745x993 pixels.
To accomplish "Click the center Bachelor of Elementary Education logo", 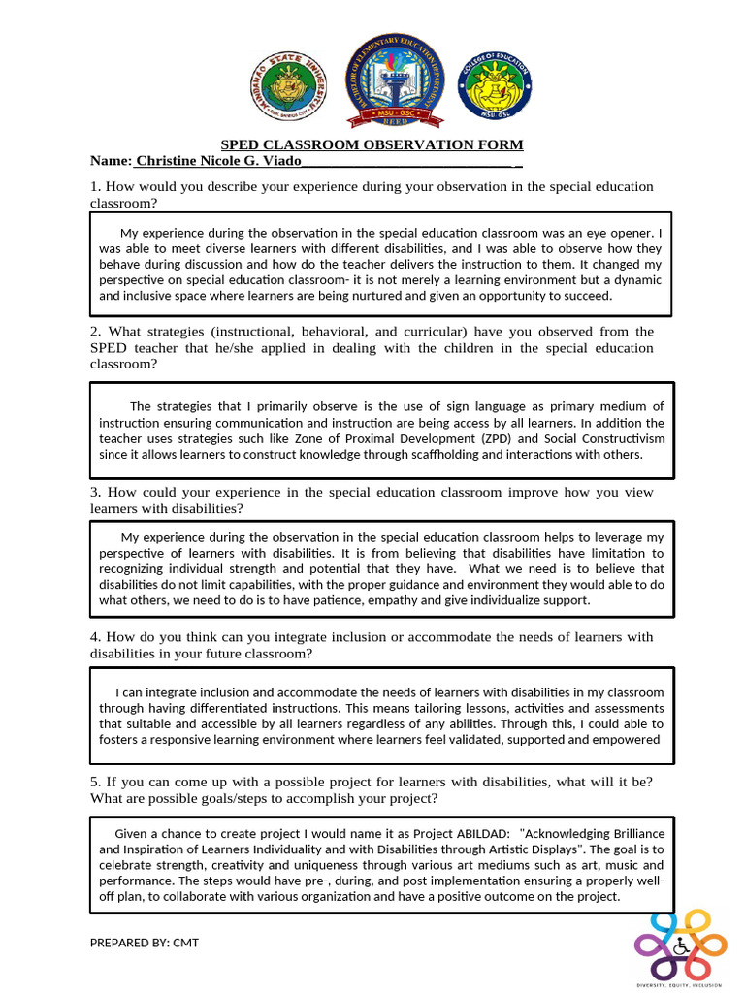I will click(x=394, y=84).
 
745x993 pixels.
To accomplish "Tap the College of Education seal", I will click(x=495, y=85).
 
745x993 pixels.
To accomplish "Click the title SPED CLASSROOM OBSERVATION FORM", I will click(x=372, y=144).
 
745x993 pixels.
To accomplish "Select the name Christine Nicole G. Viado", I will click(x=219, y=160).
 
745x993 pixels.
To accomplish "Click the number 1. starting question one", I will click(x=95, y=186).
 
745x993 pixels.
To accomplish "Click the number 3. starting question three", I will click(x=95, y=492).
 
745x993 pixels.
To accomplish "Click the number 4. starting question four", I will click(x=95, y=637).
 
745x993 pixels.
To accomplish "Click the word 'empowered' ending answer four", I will click(x=629, y=739).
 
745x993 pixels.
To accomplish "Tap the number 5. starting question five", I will click(x=95, y=781).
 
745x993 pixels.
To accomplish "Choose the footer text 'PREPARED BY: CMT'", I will click(x=145, y=942).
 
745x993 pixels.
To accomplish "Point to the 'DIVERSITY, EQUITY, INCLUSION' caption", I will click(x=679, y=984).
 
